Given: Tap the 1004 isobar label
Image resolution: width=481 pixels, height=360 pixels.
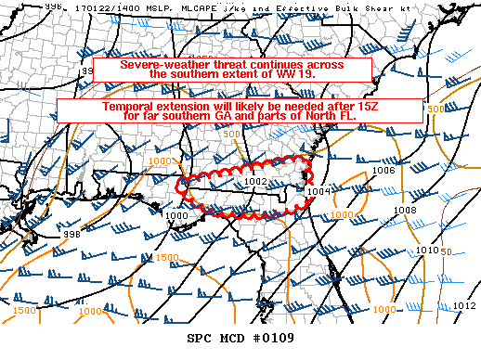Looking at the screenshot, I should point(318,191).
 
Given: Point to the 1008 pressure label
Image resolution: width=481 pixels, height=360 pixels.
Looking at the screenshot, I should point(404,211).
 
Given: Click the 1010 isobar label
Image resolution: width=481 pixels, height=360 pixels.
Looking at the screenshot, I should point(426,251).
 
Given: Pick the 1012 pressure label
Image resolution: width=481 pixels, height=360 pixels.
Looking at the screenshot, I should point(463,305).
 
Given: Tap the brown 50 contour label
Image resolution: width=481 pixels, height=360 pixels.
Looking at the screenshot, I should point(446,251).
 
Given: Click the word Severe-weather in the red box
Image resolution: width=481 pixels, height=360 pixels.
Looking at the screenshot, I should point(155,65).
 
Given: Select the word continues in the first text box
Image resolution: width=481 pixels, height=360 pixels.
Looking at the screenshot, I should point(229,65).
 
